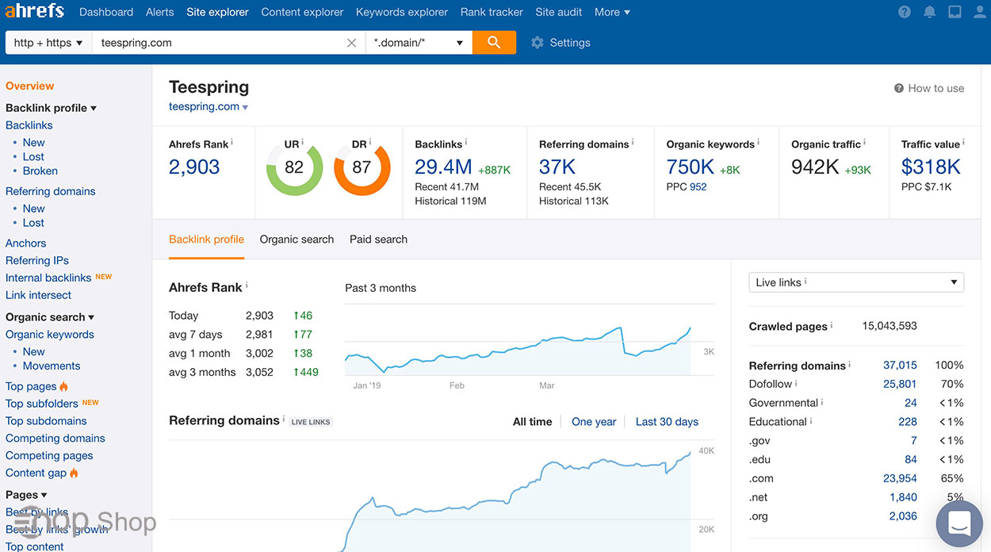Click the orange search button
494,43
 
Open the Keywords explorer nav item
402,12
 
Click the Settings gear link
561,43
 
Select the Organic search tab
297,240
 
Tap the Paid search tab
378,240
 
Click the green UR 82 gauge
294,167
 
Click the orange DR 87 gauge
362,167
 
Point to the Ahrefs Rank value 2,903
194,167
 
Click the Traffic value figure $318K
931,167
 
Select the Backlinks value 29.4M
443,167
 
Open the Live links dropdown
856,282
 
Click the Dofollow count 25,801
900,384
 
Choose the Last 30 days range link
667,422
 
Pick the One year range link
594,422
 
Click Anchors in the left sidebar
26,243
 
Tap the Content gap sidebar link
36,473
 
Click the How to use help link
929,89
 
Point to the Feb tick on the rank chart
457,385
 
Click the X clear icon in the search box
352,43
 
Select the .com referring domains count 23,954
900,479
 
